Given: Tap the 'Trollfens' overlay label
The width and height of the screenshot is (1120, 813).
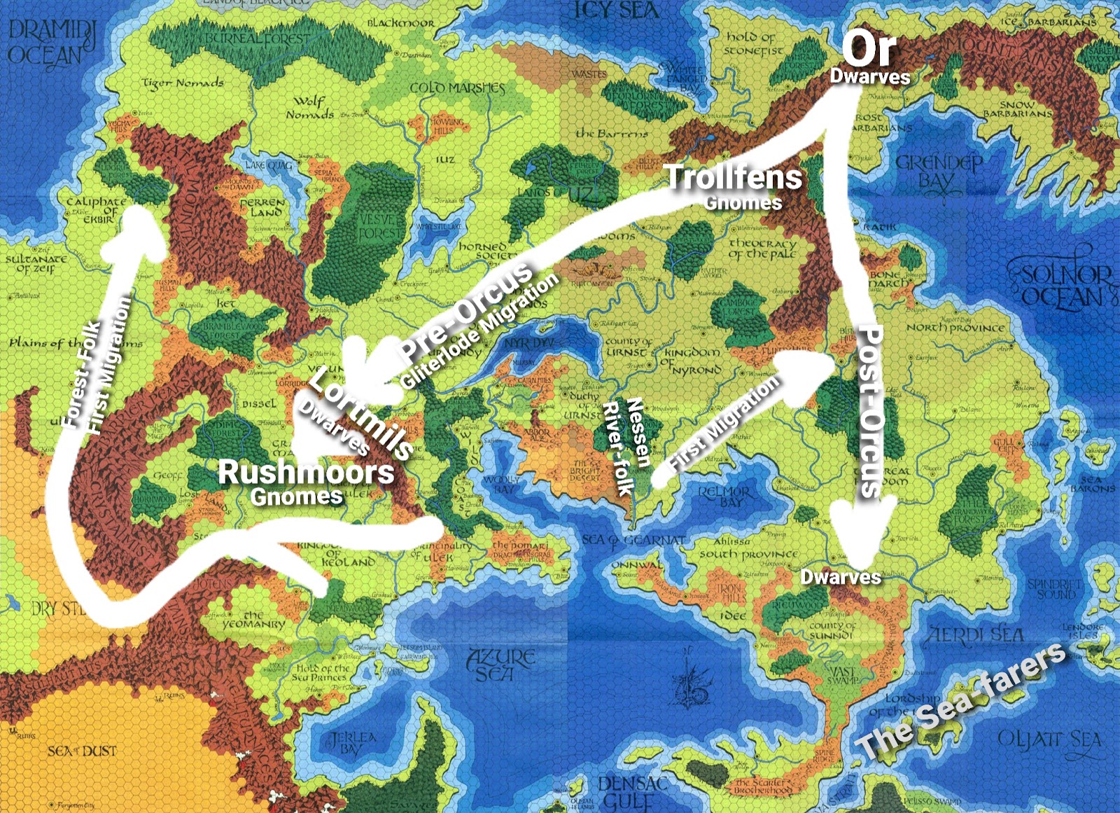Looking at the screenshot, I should click(x=733, y=177).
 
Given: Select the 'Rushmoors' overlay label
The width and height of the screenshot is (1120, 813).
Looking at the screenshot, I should click(x=306, y=473).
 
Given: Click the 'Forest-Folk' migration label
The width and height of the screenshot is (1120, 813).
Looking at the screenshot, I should click(x=83, y=373).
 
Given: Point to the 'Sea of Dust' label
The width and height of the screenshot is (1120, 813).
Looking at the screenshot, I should click(x=82, y=751).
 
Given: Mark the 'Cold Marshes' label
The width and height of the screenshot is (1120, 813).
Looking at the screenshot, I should click(x=457, y=88).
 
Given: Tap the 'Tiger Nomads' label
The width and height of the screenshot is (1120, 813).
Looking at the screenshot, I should click(x=183, y=84).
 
